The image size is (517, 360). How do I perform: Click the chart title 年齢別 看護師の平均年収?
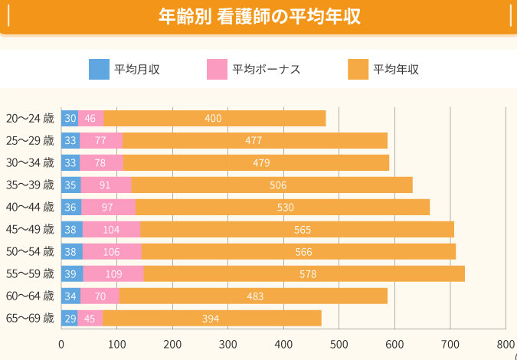tap(258, 16)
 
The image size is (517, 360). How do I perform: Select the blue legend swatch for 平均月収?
tap(100, 69)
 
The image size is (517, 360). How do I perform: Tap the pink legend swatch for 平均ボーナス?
tap(218, 69)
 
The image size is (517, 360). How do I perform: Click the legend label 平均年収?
tap(396, 69)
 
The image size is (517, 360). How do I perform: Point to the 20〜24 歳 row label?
tap(30, 118)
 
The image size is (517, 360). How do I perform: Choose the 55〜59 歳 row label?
tap(30, 273)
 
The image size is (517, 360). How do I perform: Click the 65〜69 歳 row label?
tap(30, 318)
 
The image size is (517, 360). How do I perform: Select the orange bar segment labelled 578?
tap(303, 273)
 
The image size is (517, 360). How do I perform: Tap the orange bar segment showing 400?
tap(214, 118)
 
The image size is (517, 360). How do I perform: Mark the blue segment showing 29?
tap(70, 318)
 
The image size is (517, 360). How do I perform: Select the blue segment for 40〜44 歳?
tap(71, 207)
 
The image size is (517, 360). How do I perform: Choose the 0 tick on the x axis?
tap(61, 344)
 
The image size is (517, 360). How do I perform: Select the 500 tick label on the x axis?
tap(339, 344)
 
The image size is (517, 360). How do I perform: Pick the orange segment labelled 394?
tap(211, 318)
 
